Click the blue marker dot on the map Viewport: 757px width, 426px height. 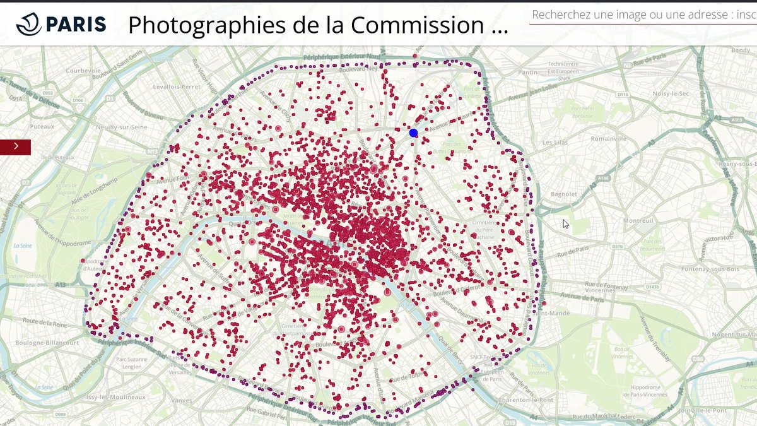point(414,133)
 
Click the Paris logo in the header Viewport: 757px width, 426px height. point(61,24)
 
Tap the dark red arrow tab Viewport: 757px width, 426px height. point(15,146)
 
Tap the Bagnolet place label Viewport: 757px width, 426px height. point(563,194)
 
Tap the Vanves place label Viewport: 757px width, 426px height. point(182,400)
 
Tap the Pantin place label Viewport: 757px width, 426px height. point(527,72)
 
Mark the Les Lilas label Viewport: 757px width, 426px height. point(555,142)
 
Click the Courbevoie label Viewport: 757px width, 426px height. point(83,71)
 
